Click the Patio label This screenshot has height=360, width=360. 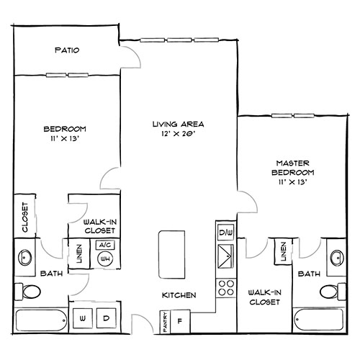(x=66, y=50)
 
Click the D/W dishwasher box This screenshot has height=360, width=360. (x=225, y=232)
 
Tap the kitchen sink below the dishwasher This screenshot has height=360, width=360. (x=225, y=255)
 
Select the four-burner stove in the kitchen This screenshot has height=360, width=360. (x=225, y=287)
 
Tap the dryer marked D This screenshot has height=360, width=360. (x=106, y=318)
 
